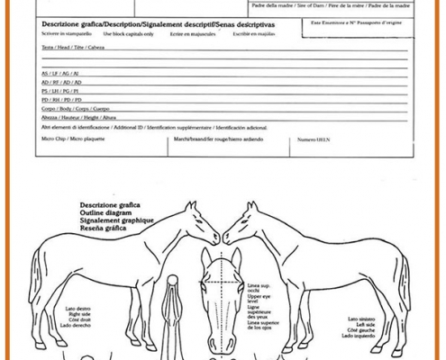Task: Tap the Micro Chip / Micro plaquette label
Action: (x=68, y=139)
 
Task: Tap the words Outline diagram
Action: (x=106, y=212)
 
